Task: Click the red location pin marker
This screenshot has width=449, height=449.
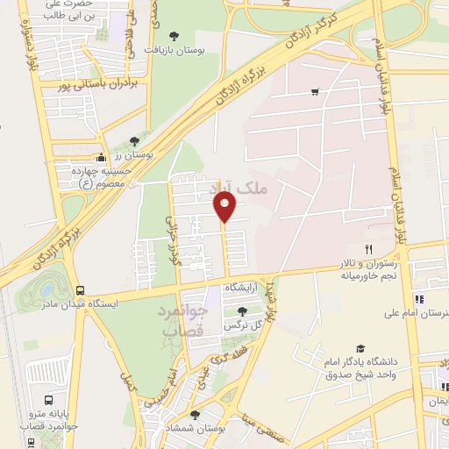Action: coord(225,207)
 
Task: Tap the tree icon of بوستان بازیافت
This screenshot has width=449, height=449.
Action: coord(173,37)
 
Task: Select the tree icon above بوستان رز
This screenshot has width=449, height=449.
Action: coord(133,140)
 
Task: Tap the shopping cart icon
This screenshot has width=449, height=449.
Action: coord(315,91)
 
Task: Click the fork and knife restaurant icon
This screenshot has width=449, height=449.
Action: coord(369,250)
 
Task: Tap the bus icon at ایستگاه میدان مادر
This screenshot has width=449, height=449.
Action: coord(81,290)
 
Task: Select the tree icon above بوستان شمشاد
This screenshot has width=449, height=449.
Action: coord(195,414)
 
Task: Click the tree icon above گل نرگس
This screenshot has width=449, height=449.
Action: coord(242,310)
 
